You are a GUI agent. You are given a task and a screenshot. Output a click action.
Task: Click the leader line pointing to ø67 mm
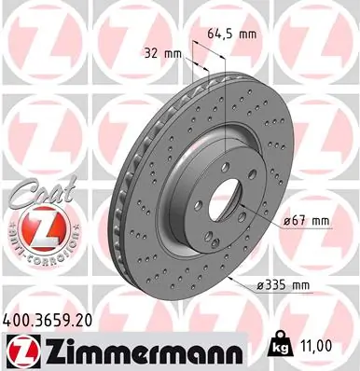[x=266, y=221]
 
